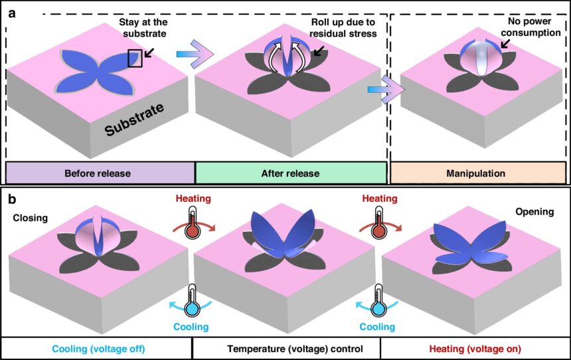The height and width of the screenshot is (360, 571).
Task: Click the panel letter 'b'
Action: click(11, 198)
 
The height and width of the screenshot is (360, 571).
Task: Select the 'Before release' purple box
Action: click(100, 173)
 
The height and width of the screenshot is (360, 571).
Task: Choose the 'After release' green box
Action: click(290, 173)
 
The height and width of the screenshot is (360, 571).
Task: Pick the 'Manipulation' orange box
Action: click(477, 173)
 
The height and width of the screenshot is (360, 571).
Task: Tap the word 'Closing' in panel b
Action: click(29, 217)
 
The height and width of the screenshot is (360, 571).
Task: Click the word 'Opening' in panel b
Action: click(534, 212)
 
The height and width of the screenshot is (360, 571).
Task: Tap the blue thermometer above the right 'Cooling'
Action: click(379, 302)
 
